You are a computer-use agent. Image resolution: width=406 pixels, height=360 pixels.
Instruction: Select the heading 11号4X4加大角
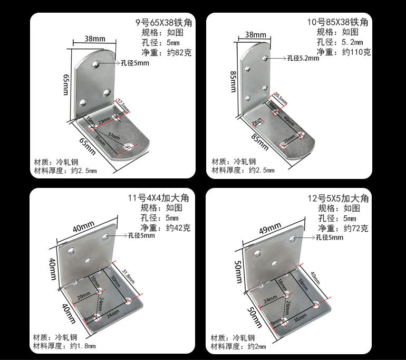159,198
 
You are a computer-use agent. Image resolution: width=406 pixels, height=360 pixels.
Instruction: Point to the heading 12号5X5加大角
339,198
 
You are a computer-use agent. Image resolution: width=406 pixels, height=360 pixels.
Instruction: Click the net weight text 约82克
178,52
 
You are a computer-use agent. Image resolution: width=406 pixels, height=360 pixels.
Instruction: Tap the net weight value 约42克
178,228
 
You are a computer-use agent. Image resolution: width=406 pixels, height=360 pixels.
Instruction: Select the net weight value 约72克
356,228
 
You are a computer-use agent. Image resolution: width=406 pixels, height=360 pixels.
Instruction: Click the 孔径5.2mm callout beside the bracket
303,59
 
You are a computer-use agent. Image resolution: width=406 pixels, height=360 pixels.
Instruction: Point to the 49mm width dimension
270,228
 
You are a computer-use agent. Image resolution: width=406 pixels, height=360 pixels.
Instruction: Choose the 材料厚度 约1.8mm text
64,346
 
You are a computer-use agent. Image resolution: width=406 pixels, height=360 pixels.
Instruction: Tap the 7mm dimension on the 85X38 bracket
257,122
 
